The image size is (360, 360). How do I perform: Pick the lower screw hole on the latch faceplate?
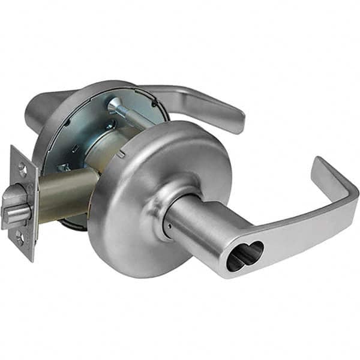(21, 238)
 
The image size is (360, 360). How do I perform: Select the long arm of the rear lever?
(192, 99)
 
